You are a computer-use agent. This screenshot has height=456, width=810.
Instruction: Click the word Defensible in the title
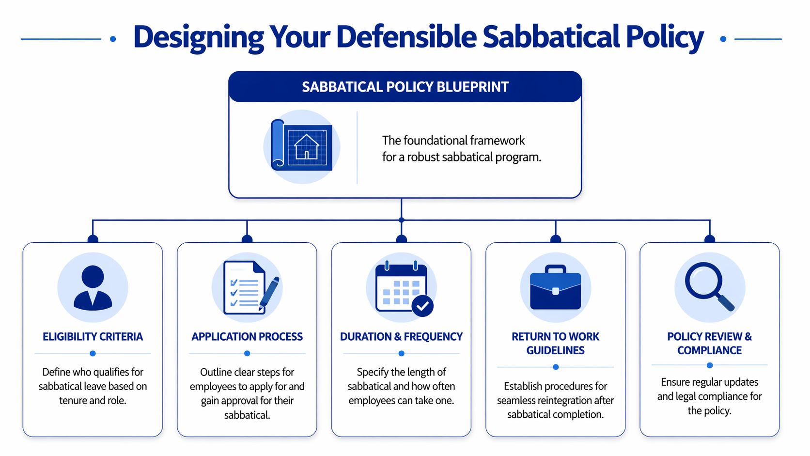pyautogui.click(x=406, y=37)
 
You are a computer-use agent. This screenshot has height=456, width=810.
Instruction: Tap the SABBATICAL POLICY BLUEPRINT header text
pyautogui.click(x=405, y=87)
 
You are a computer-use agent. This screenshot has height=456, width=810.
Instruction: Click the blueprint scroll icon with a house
pyautogui.click(x=302, y=146)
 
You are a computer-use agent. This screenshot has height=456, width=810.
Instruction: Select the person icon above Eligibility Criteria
pyautogui.click(x=93, y=287)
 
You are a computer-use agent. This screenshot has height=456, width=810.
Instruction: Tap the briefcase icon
pyautogui.click(x=555, y=287)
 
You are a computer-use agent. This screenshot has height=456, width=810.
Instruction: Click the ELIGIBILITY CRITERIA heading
pyautogui.click(x=93, y=337)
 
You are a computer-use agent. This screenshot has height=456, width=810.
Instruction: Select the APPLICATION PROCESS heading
pyautogui.click(x=247, y=337)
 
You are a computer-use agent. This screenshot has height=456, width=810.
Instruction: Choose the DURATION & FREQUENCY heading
pyautogui.click(x=401, y=337)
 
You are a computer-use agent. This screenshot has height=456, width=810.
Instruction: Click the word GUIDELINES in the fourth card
pyautogui.click(x=555, y=350)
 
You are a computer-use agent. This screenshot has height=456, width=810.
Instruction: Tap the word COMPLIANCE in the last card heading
pyautogui.click(x=709, y=350)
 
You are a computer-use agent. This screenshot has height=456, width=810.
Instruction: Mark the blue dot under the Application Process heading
pyautogui.click(x=247, y=353)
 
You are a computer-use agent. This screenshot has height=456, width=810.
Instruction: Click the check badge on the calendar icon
pyautogui.click(x=422, y=306)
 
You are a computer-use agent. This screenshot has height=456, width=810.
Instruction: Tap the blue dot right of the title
pyautogui.click(x=723, y=39)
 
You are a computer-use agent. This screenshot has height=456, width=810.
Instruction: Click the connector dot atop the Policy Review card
pyautogui.click(x=710, y=239)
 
